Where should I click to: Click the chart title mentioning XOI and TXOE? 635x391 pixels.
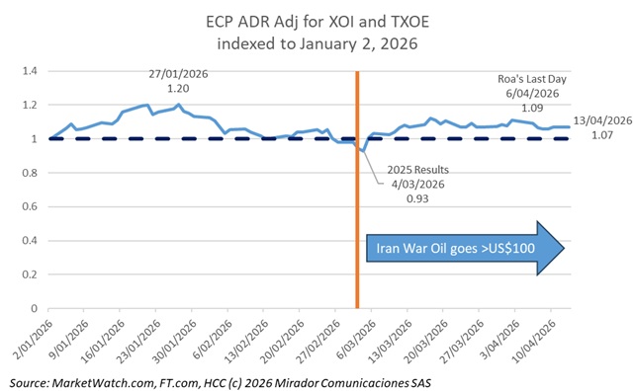(317, 32)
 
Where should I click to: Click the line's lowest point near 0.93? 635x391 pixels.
(364, 151)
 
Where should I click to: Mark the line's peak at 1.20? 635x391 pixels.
(178, 105)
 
